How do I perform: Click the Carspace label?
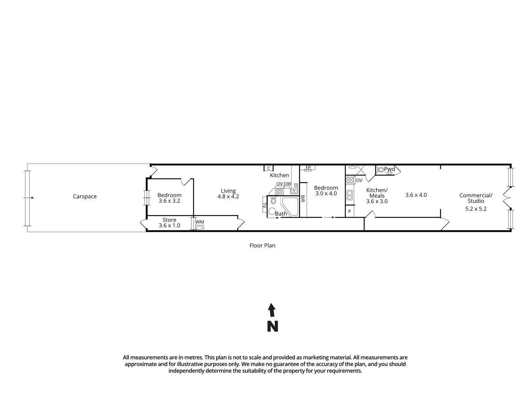point(85,196)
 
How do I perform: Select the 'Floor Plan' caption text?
point(262,245)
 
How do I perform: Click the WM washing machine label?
point(199,222)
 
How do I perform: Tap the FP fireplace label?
point(308,168)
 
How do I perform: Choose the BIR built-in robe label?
point(303,199)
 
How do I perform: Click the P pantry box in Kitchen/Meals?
point(349,212)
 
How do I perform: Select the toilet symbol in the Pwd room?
point(381,170)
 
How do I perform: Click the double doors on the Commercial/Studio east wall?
point(507,198)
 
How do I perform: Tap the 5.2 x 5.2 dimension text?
point(476,209)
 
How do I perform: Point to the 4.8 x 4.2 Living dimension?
point(228,196)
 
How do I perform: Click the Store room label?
point(169,220)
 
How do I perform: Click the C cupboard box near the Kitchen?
point(269,168)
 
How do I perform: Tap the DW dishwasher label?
point(287,184)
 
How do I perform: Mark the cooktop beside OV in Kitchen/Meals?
point(350,180)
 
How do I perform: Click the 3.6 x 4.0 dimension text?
point(416,195)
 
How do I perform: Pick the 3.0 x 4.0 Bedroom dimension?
point(326,193)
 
